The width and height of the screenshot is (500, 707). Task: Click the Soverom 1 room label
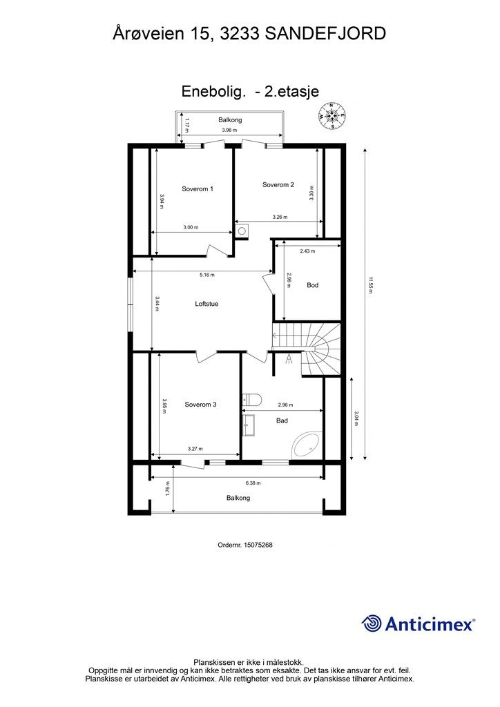coord(198,189)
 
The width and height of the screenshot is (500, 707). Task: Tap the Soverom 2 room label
coord(278,184)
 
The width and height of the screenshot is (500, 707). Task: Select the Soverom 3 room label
coord(201,405)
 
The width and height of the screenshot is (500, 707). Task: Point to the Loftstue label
coord(206,304)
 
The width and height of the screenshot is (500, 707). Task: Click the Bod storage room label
coord(312,285)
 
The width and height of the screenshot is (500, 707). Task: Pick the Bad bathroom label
coord(282,420)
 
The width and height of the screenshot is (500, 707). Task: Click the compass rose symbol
coord(331,116)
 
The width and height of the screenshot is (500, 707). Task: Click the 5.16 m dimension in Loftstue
coord(207,275)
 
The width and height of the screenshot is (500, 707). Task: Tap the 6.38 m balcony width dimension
coord(253,483)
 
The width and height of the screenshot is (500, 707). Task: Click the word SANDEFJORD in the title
coord(325,34)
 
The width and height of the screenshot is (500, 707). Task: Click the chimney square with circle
coord(242,231)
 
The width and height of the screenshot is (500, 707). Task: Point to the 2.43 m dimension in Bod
coord(307,251)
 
